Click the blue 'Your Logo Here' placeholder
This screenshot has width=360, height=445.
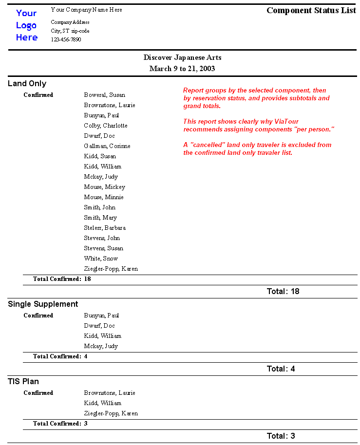tap(26, 25)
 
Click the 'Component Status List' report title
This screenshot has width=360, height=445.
tap(311, 10)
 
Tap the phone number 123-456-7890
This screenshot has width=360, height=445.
tap(66, 39)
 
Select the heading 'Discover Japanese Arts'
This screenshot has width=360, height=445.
tap(182, 57)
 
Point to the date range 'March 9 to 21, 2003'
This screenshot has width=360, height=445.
tap(182, 69)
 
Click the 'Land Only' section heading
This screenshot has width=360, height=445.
tap(27, 84)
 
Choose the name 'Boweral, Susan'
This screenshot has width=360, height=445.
tap(104, 95)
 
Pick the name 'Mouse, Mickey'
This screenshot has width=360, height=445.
tap(104, 187)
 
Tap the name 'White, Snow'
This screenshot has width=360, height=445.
tap(101, 259)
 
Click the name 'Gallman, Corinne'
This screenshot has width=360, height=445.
tap(107, 146)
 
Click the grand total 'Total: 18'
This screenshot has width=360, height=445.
tap(283, 291)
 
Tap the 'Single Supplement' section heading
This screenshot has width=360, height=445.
tap(43, 304)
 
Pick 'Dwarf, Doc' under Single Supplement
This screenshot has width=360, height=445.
tap(99, 326)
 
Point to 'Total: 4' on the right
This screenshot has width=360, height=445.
tap(281, 369)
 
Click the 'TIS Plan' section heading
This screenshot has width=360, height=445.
tap(23, 381)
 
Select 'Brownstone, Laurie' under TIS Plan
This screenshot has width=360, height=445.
tap(110, 393)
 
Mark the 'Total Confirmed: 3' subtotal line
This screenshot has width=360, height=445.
tap(60, 424)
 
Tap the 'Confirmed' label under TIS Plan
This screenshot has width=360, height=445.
tap(38, 393)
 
